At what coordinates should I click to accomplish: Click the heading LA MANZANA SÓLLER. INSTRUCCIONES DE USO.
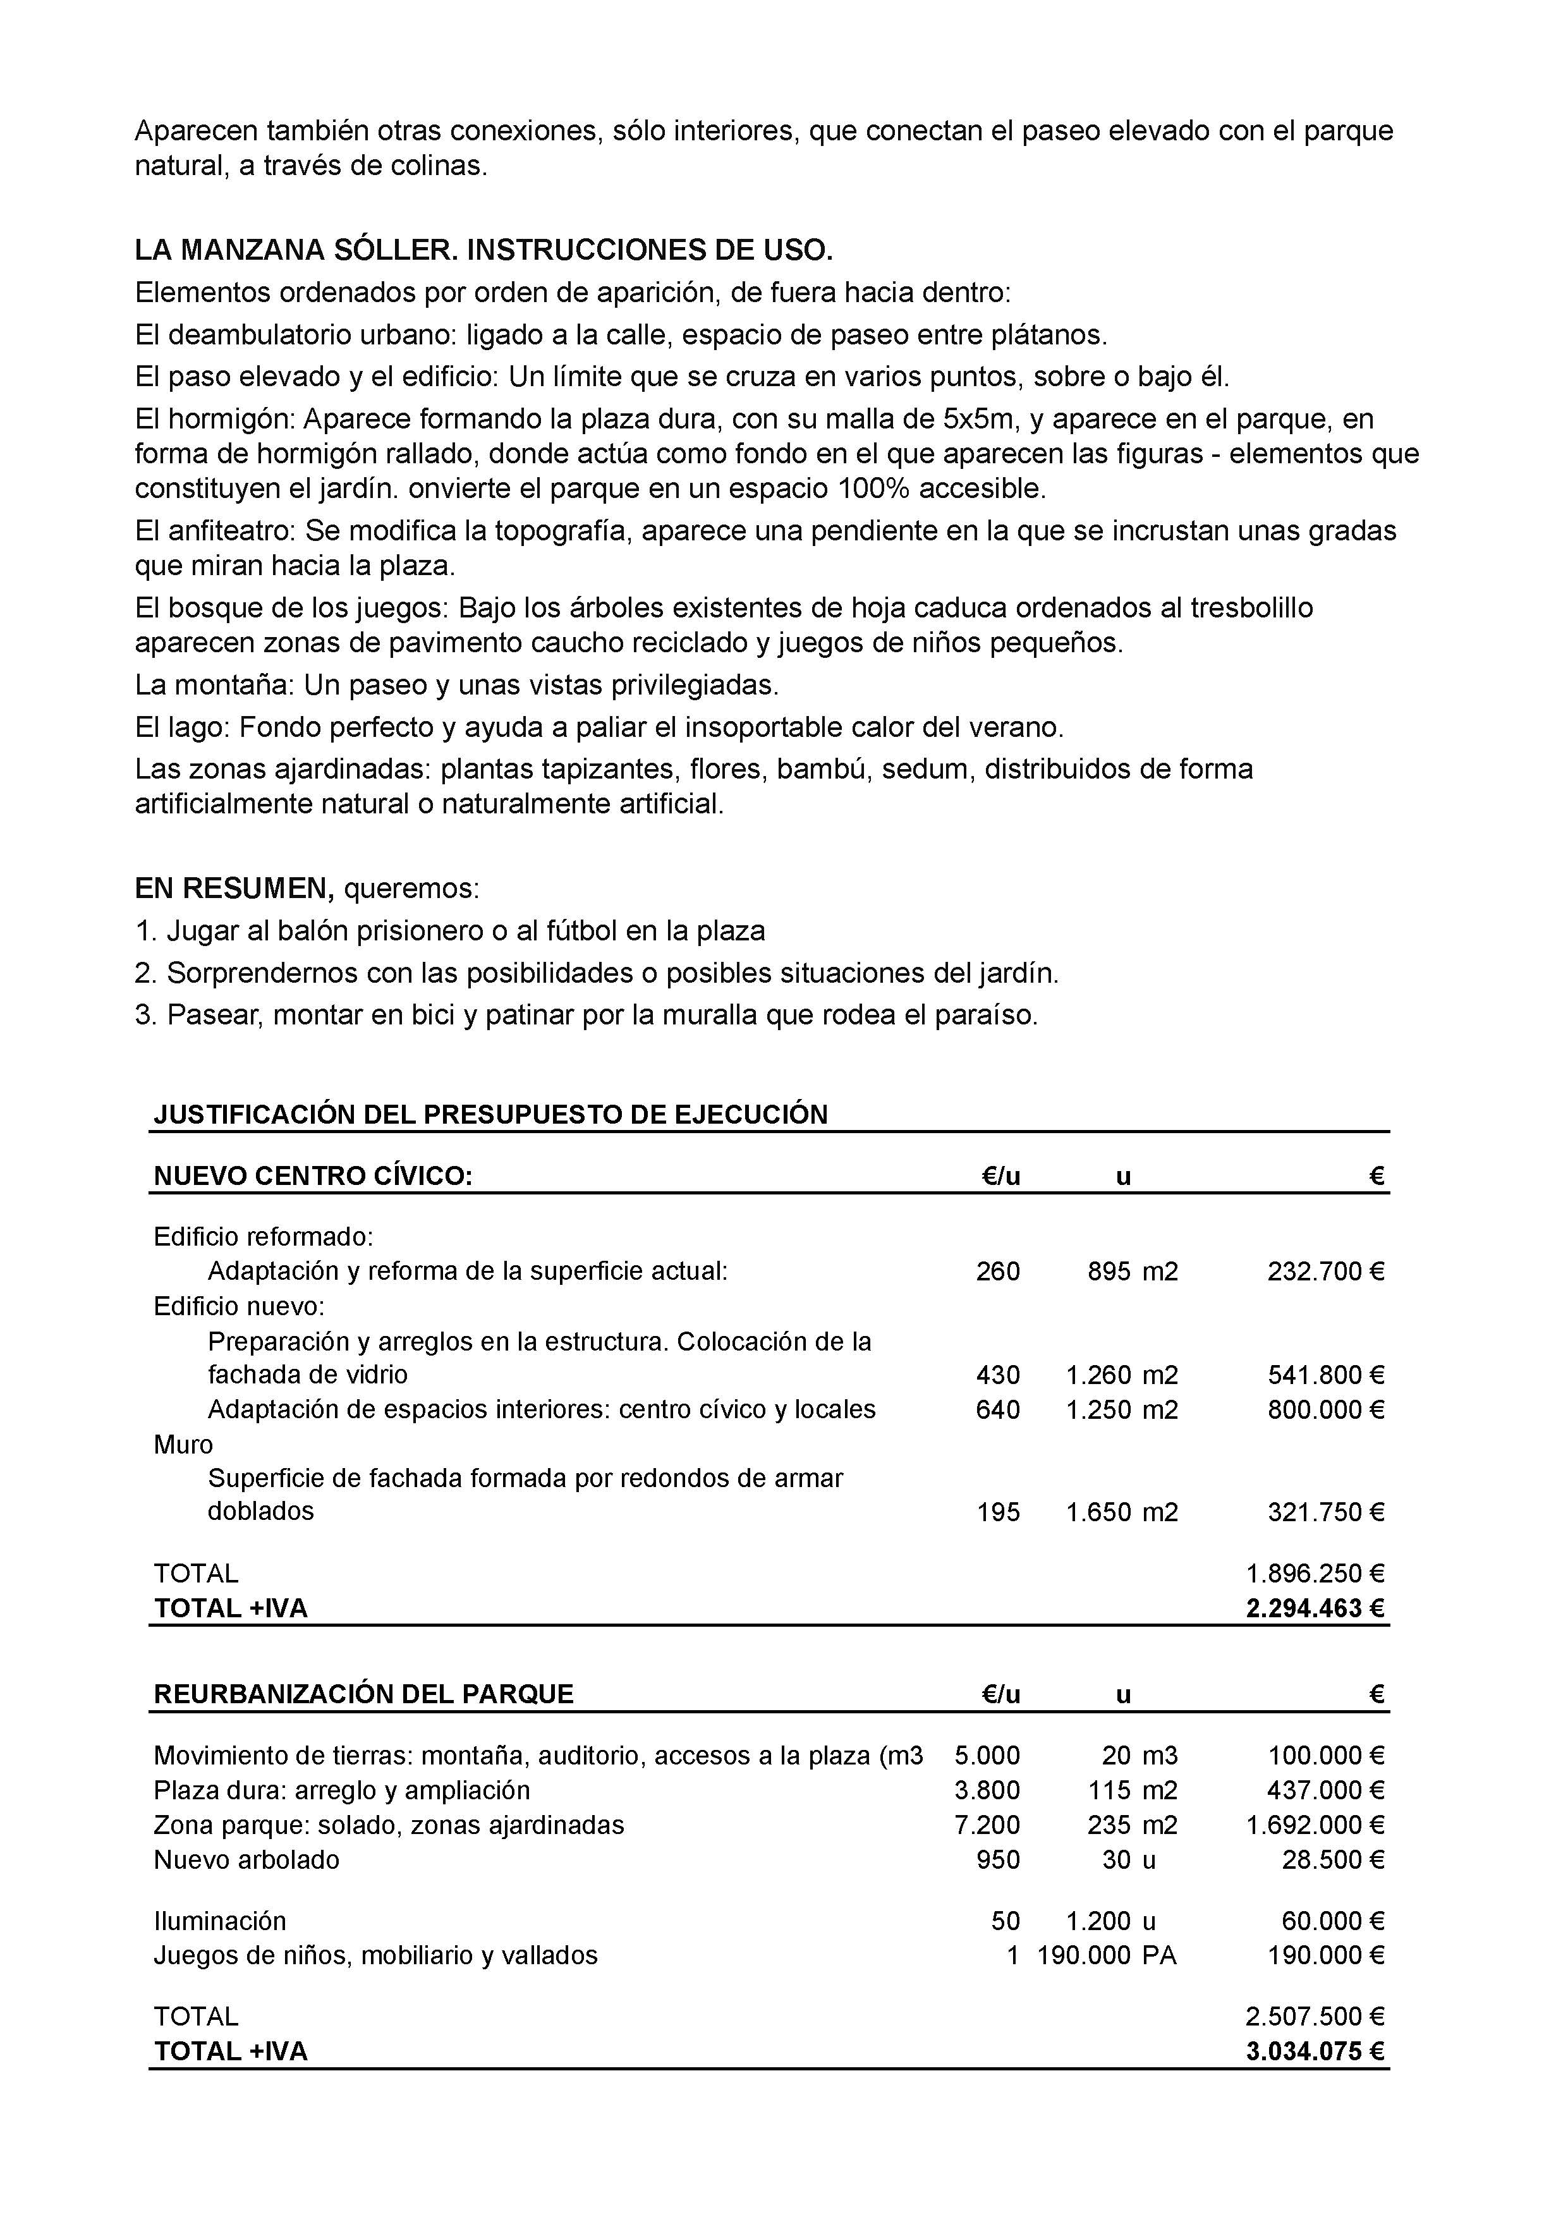[x=483, y=251]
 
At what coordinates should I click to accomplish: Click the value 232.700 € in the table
[x=1325, y=1271]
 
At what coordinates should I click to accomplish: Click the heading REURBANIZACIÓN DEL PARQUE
[x=363, y=1694]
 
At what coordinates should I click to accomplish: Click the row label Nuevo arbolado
[x=246, y=1860]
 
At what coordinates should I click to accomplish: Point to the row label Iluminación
[x=220, y=1921]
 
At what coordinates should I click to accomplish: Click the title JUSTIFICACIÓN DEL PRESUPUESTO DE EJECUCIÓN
[x=490, y=1114]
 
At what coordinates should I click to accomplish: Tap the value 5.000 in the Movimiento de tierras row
[x=987, y=1756]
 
